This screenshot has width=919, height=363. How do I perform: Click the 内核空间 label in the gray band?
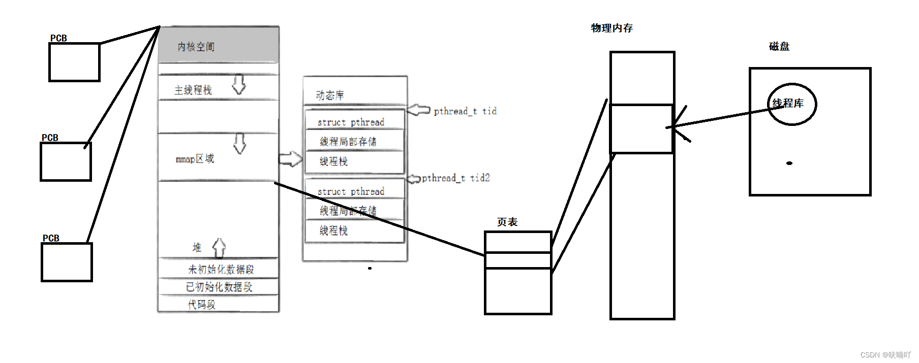click(196, 47)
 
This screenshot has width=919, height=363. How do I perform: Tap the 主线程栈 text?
click(193, 90)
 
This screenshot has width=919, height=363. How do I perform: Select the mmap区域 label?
click(195, 159)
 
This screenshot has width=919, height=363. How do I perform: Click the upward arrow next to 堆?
click(219, 248)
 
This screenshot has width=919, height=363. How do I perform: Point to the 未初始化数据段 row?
click(221, 269)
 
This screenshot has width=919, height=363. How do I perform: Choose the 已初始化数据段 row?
click(219, 287)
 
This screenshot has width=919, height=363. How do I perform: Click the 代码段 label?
click(202, 304)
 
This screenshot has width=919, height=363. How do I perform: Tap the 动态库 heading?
click(330, 95)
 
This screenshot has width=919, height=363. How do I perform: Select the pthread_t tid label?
click(465, 111)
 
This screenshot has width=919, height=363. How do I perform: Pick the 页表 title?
click(507, 222)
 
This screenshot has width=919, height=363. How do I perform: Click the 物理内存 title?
click(611, 28)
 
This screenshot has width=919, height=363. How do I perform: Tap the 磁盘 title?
click(779, 47)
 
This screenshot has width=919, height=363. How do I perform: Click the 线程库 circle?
click(791, 104)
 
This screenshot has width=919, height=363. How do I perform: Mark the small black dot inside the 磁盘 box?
click(789, 163)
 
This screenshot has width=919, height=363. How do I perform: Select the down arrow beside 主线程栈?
click(239, 85)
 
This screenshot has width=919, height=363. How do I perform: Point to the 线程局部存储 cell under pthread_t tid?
click(348, 141)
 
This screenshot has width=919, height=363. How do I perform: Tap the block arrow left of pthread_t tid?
click(419, 110)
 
